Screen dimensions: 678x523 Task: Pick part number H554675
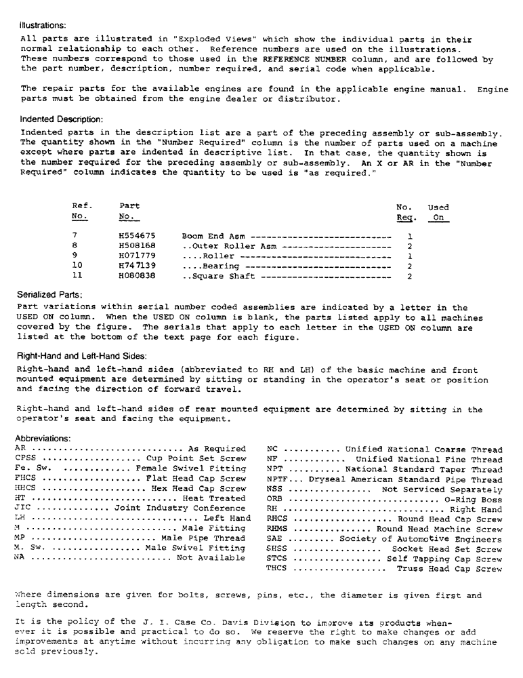133,236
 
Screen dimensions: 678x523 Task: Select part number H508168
133,246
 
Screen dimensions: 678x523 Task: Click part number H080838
133,277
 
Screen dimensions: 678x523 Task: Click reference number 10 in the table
77,266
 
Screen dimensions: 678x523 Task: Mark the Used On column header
438,212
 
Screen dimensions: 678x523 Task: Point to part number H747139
133,266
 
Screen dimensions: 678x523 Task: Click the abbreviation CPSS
26,458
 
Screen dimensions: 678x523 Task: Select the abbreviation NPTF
279,479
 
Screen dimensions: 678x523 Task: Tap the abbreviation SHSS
277,549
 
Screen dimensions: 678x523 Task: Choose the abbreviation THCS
277,570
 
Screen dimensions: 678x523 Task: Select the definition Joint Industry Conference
180,509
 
